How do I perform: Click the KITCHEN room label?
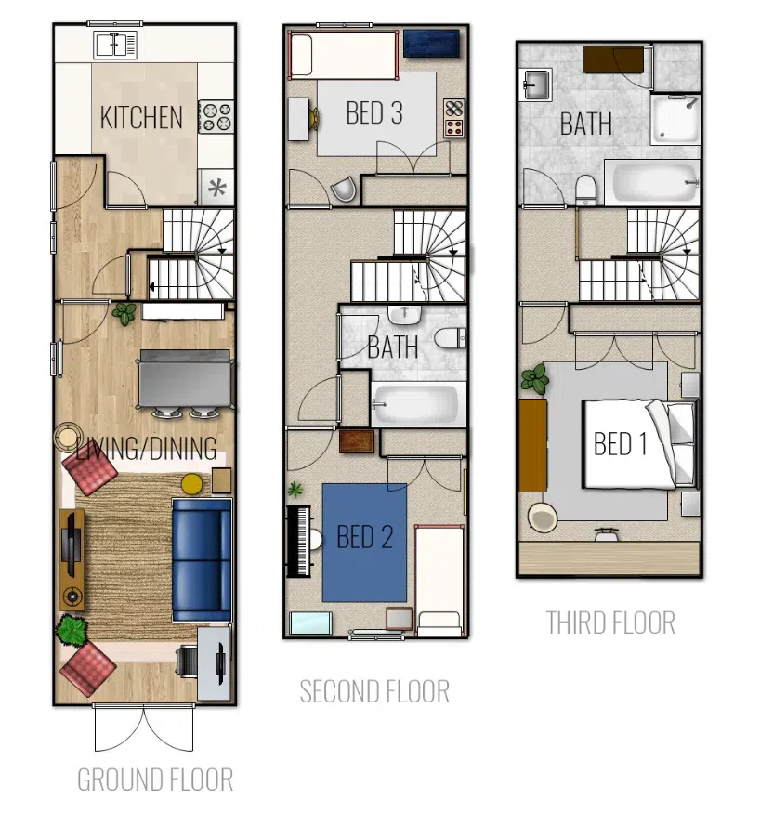(x=141, y=118)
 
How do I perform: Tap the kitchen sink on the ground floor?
(x=115, y=45)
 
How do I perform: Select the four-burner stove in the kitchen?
(x=216, y=117)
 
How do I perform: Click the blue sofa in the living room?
(x=202, y=560)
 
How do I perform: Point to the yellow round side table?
(x=191, y=484)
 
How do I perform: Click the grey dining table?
(x=185, y=378)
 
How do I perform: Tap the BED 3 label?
(x=374, y=113)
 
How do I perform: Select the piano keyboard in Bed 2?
(x=299, y=541)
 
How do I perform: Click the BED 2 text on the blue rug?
(x=365, y=537)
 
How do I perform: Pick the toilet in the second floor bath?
(x=450, y=338)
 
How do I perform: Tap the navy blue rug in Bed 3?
(x=431, y=43)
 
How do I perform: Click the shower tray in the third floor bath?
(x=675, y=120)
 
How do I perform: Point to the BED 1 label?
(x=621, y=444)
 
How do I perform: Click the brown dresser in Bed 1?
(x=533, y=445)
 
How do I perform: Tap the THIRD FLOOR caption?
(x=610, y=623)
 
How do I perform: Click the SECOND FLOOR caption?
(x=374, y=691)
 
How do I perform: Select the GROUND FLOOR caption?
(x=155, y=780)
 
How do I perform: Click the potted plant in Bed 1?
(x=535, y=379)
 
